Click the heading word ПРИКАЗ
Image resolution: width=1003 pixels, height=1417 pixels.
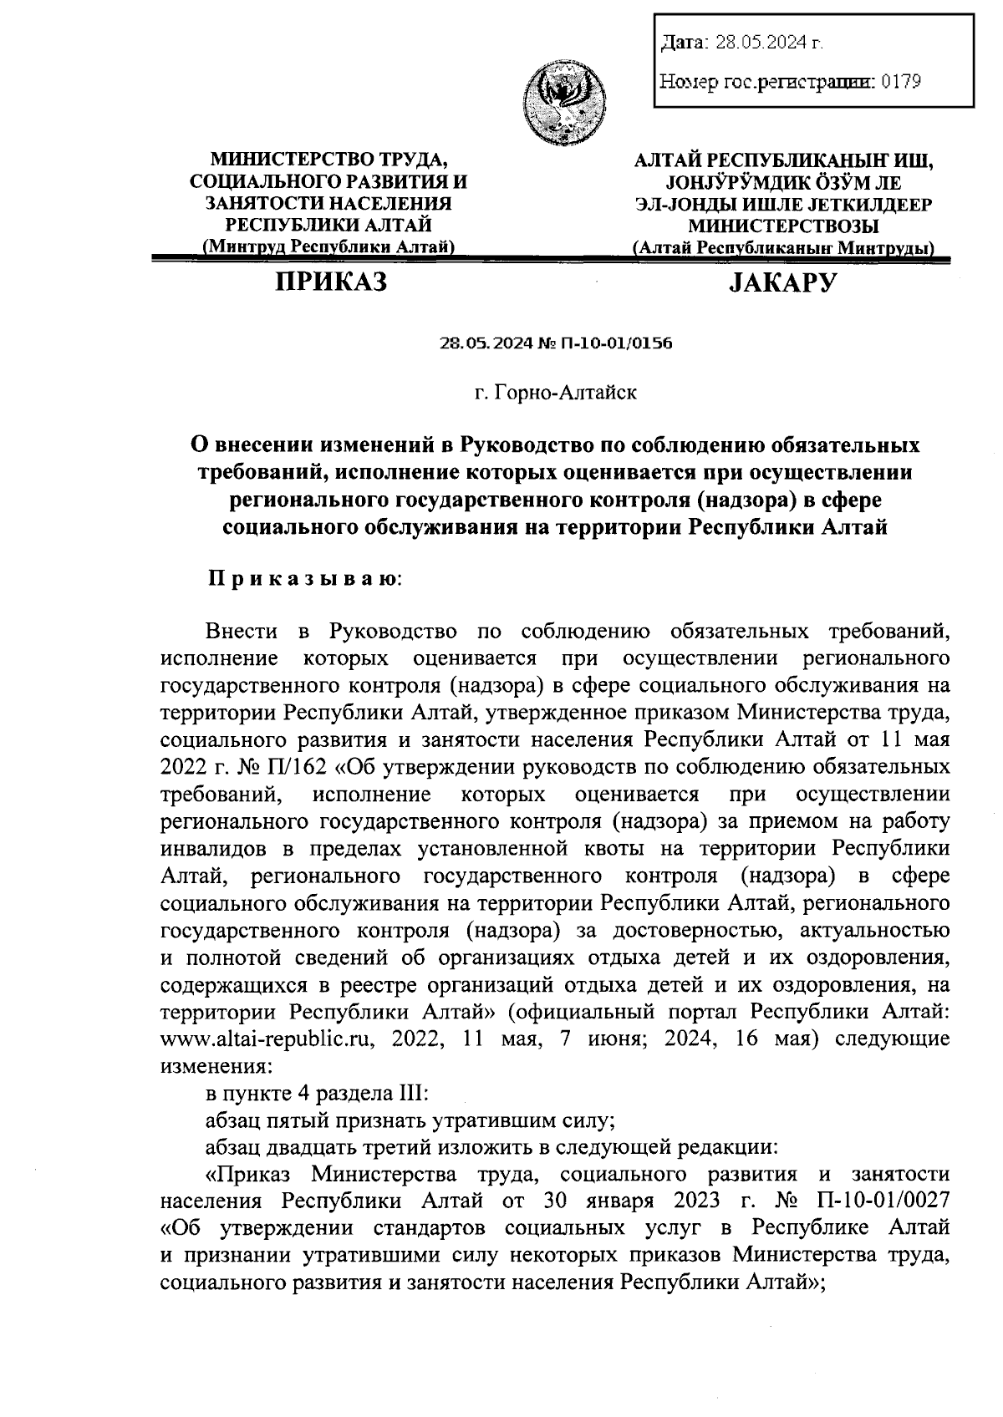[332, 283]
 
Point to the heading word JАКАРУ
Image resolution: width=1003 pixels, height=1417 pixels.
[782, 284]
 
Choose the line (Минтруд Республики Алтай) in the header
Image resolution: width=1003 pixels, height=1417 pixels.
[328, 246]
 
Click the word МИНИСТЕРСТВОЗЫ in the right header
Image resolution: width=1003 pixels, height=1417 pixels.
[783, 226]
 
